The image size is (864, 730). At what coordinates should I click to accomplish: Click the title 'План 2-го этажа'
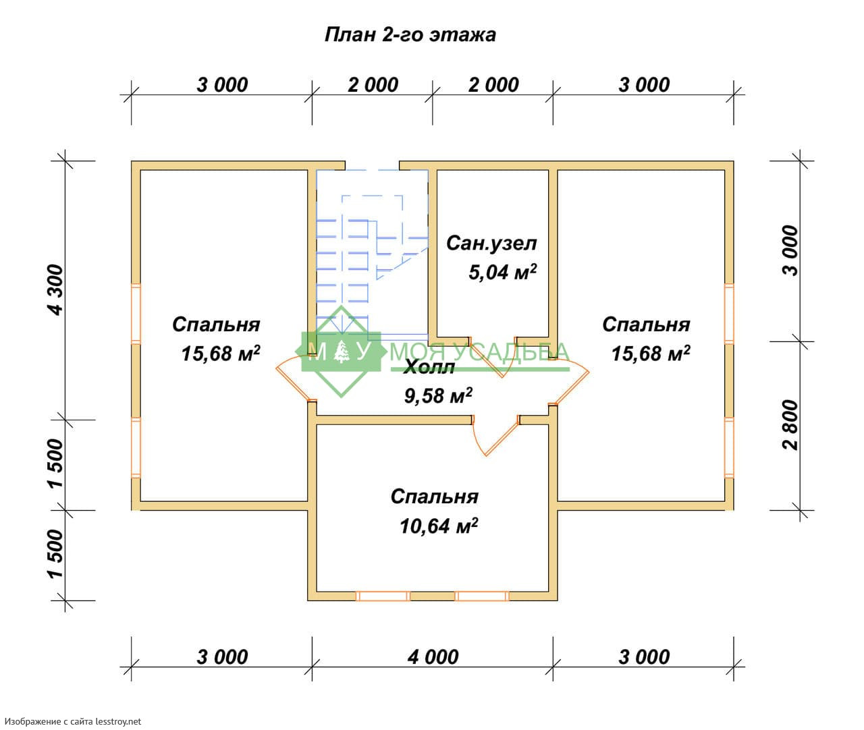point(410,34)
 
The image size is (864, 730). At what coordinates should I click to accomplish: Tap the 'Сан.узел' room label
point(491,243)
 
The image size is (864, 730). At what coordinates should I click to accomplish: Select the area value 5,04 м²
point(502,272)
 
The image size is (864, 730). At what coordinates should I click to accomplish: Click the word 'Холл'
point(429,368)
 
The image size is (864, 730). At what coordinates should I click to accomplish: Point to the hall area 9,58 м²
point(438,395)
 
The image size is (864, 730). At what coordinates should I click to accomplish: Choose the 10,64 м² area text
point(439,526)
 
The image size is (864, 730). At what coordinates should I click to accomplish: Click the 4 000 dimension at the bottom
point(433,656)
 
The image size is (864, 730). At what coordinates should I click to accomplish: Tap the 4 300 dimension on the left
point(55,289)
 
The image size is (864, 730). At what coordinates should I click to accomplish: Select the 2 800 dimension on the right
point(791,424)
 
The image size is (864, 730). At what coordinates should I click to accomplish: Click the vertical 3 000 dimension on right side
point(791,250)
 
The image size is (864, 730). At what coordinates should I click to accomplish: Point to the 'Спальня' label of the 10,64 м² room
point(434,497)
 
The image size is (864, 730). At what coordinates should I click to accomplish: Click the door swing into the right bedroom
point(571,381)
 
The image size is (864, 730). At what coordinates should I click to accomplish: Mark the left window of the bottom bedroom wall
point(383,596)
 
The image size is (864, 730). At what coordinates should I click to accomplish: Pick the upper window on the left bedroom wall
point(136,314)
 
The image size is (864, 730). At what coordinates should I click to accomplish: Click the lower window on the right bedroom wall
point(729,447)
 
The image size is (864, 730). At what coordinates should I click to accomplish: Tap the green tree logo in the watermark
point(342,352)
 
